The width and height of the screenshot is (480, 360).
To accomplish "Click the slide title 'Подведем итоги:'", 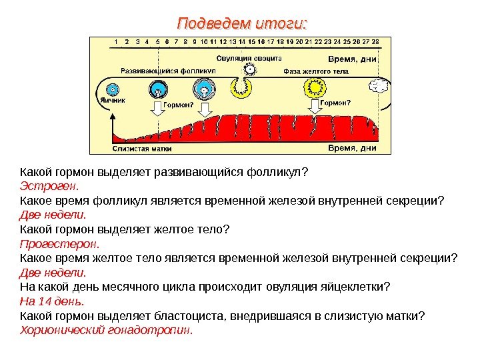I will coord(243,25).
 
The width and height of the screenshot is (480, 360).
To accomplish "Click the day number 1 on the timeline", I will coord(117,41).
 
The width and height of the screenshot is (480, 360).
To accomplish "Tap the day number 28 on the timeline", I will coord(375,41).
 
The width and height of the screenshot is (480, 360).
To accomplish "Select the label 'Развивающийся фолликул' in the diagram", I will coord(169,70).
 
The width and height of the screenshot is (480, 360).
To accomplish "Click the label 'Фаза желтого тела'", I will coord(317,70).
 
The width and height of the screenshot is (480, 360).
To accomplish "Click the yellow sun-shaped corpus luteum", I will coord(313,87).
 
